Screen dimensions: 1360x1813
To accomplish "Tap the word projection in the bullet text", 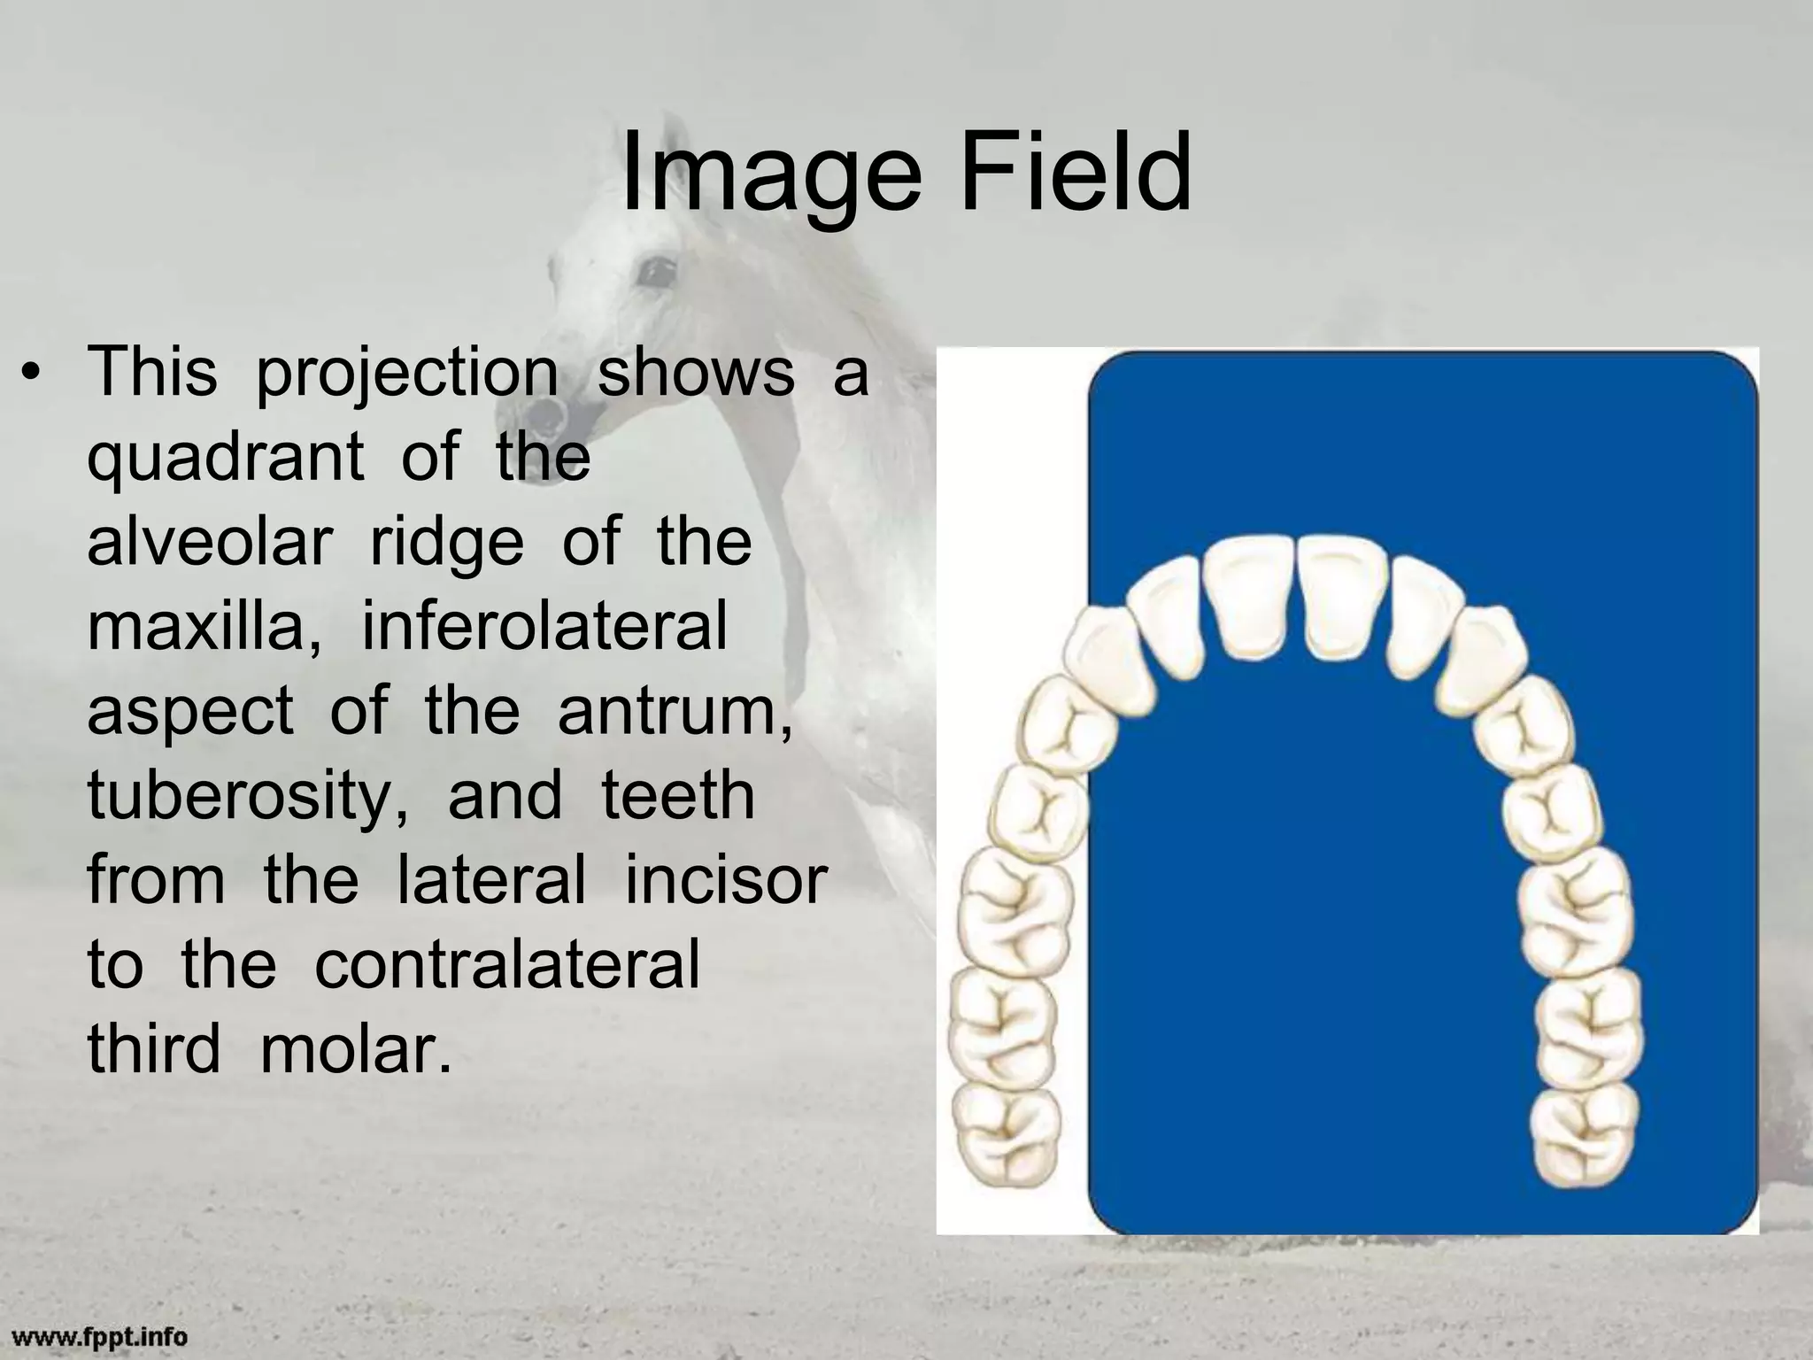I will (x=406, y=373).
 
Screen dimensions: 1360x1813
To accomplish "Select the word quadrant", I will (x=225, y=459).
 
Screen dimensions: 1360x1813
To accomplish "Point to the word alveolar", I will (x=209, y=541).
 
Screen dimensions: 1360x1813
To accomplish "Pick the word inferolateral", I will (x=544, y=625).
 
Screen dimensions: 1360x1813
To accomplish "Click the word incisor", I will (x=726, y=879).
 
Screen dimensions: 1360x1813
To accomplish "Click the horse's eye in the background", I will (x=656, y=270).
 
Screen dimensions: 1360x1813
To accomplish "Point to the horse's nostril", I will (x=547, y=413).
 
